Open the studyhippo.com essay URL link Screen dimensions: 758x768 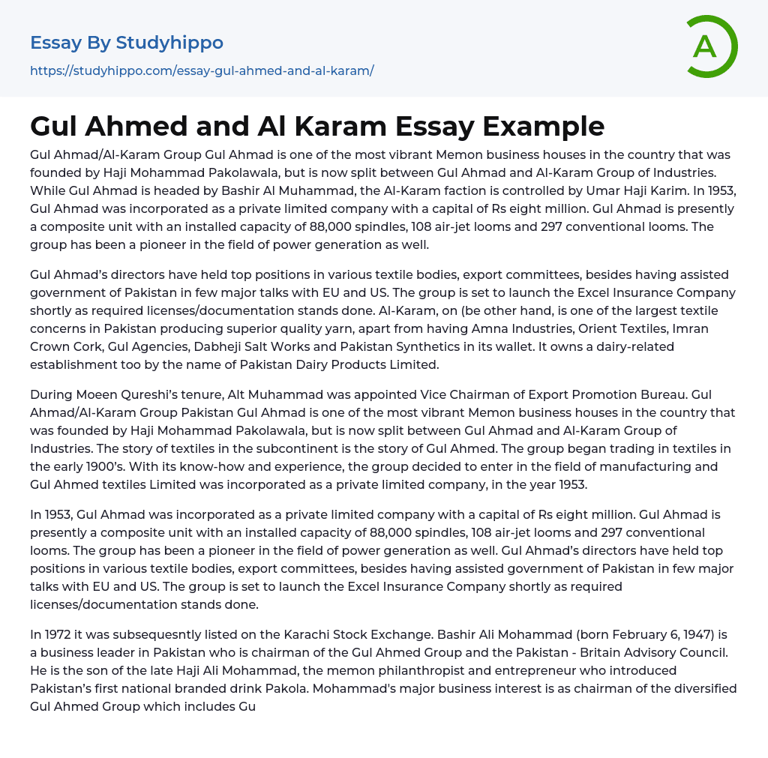pyautogui.click(x=202, y=71)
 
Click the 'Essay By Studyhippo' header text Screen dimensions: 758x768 pyautogui.click(x=127, y=43)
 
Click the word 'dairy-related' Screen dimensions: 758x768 pyautogui.click(x=635, y=346)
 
